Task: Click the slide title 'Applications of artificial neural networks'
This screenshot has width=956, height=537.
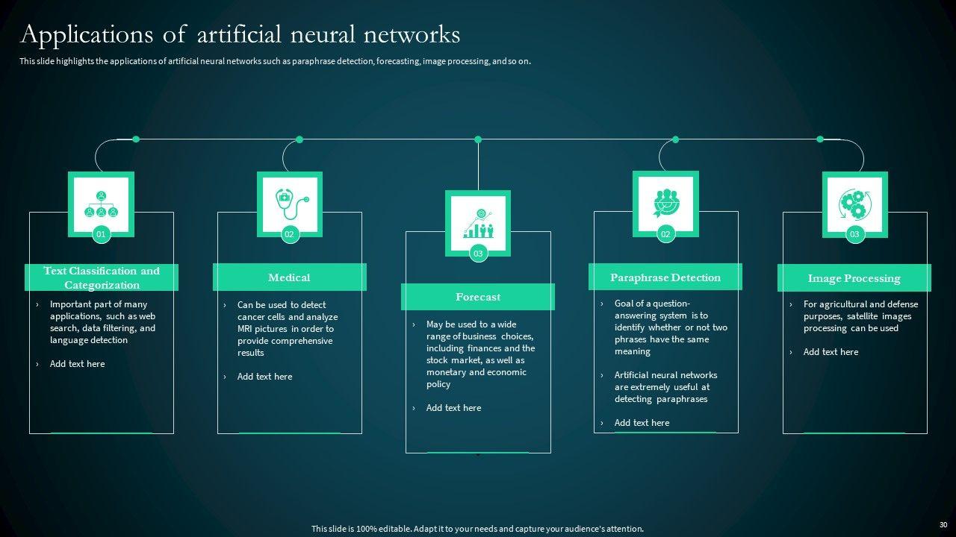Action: click(x=240, y=34)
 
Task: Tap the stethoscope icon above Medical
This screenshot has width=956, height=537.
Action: click(x=290, y=202)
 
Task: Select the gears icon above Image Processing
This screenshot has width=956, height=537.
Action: click(x=854, y=202)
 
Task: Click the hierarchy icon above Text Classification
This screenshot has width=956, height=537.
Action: click(x=101, y=202)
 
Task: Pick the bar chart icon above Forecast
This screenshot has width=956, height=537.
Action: click(x=478, y=221)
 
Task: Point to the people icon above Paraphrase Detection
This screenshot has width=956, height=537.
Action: click(x=665, y=201)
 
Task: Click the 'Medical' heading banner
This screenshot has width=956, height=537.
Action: click(x=289, y=277)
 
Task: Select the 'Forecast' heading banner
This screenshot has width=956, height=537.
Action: click(x=478, y=297)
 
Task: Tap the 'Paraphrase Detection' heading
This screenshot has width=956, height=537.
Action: click(x=665, y=277)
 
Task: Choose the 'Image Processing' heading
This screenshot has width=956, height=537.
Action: click(x=854, y=278)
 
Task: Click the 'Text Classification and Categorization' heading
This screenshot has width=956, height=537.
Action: click(x=102, y=277)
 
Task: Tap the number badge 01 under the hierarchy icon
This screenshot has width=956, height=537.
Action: click(x=101, y=234)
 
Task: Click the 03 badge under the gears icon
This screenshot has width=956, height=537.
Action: click(x=854, y=234)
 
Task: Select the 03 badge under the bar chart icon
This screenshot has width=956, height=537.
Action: click(x=478, y=254)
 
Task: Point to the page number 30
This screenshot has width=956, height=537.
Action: click(x=943, y=525)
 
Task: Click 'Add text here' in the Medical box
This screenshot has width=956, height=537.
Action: click(x=264, y=377)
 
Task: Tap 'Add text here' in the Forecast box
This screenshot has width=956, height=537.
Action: click(x=453, y=408)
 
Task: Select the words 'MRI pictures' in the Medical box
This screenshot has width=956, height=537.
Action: click(x=262, y=329)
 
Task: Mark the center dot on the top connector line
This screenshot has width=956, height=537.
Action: click(x=478, y=139)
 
